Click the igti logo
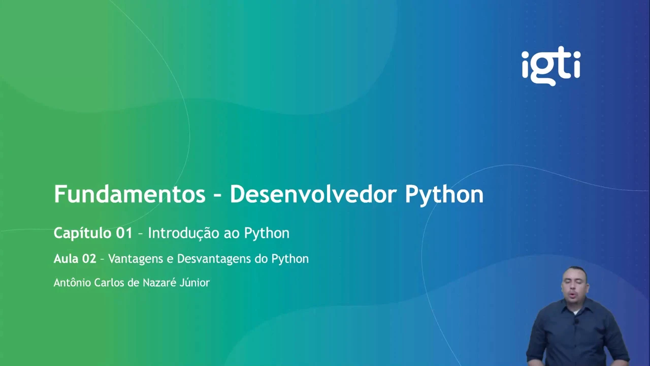click(x=551, y=66)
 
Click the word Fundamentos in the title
click(x=129, y=194)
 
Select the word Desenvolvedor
click(x=313, y=194)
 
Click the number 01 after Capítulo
click(x=124, y=233)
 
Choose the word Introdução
click(x=183, y=233)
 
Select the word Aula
click(x=66, y=259)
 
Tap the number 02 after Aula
click(x=89, y=259)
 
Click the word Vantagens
click(x=136, y=259)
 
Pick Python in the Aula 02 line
click(x=290, y=259)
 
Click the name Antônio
click(x=72, y=283)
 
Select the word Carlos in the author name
click(x=109, y=283)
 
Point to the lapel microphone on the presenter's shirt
click(x=576, y=322)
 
